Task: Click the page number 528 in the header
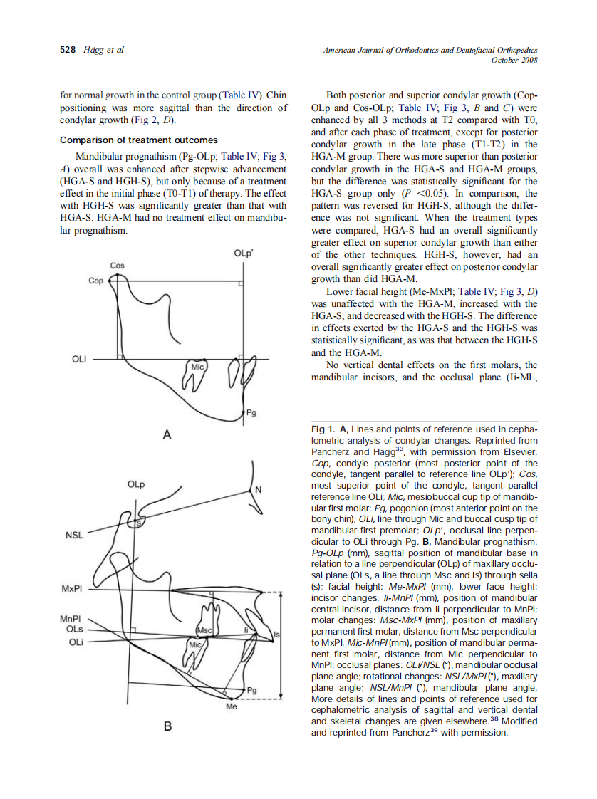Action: pyautogui.click(x=68, y=50)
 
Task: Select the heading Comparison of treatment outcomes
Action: pyautogui.click(x=139, y=140)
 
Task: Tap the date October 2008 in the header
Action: pyautogui.click(x=514, y=60)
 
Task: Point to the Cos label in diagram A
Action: pyautogui.click(x=118, y=266)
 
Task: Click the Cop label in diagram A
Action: pyautogui.click(x=95, y=281)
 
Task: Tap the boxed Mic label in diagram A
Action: pyautogui.click(x=197, y=366)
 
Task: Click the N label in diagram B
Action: pyautogui.click(x=259, y=489)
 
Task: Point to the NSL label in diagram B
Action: pyautogui.click(x=74, y=534)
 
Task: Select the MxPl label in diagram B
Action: pyautogui.click(x=73, y=589)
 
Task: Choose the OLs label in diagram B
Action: pyautogui.click(x=74, y=630)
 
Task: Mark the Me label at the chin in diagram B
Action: pyautogui.click(x=231, y=709)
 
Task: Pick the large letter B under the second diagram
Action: pyautogui.click(x=168, y=726)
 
